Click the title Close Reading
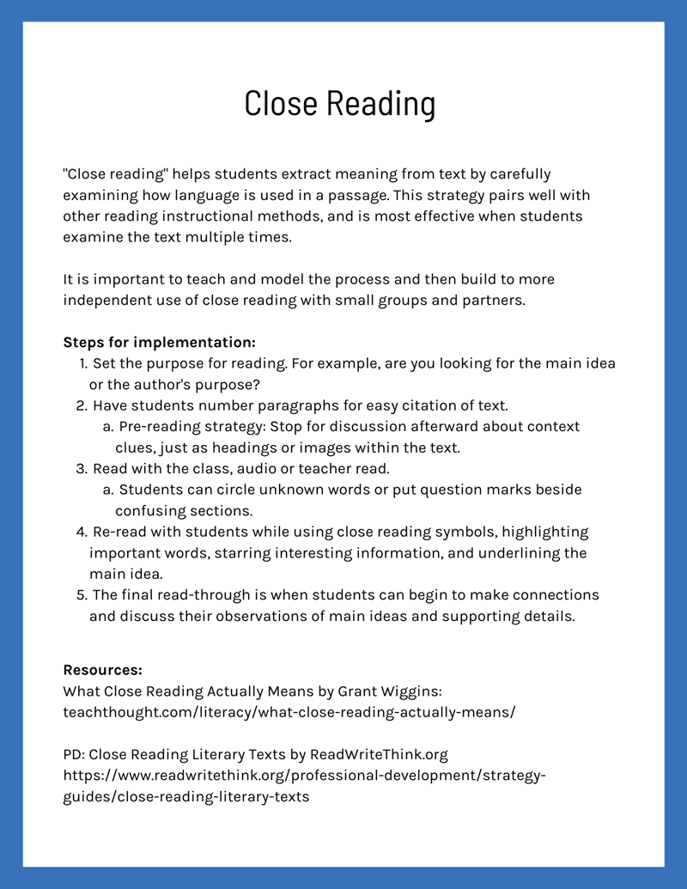pyautogui.click(x=339, y=104)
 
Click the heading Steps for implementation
pyautogui.click(x=159, y=342)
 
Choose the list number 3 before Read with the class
pyautogui.click(x=82, y=468)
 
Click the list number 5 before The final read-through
pyautogui.click(x=82, y=595)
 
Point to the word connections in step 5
pyautogui.click(x=555, y=595)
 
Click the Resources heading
pyautogui.click(x=102, y=670)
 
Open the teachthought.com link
pyautogui.click(x=289, y=712)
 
